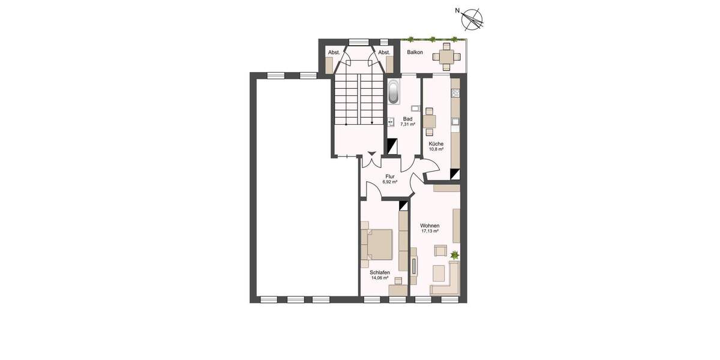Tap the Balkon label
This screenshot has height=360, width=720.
[415, 53]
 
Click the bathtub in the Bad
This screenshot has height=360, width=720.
[394, 91]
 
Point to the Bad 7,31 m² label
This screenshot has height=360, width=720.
[407, 121]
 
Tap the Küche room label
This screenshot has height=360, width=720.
[436, 146]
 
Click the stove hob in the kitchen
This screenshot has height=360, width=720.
[455, 93]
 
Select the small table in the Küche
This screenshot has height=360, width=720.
[429, 121]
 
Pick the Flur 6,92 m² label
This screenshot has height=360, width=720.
[390, 179]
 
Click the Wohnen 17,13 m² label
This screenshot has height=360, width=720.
[430, 228]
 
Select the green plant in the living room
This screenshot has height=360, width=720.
[454, 255]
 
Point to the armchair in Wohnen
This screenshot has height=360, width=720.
[441, 251]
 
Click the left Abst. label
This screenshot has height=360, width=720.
[334, 53]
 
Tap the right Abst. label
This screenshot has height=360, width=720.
[384, 53]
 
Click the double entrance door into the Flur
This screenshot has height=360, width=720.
[371, 159]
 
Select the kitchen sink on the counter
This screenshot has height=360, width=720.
[455, 122]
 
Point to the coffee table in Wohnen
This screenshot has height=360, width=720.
[439, 274]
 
